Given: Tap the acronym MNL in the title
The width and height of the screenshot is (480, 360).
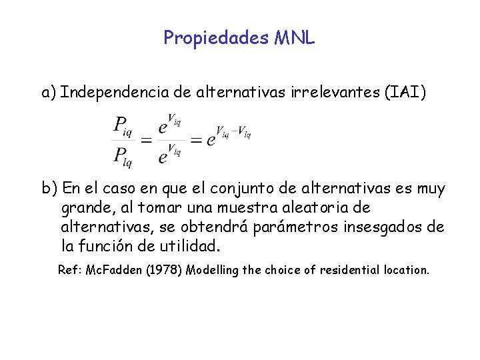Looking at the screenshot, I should coord(293,37).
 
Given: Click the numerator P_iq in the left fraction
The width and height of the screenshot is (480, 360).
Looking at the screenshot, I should coord(122,125).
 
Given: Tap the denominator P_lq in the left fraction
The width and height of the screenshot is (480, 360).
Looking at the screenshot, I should coord(122,157).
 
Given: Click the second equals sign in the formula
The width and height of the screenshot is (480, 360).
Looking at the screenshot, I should coord(196,140).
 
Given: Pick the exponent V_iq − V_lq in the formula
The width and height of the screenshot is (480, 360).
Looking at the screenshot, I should coord(233,131).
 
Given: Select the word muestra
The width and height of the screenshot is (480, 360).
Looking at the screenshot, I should coord(256,208).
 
